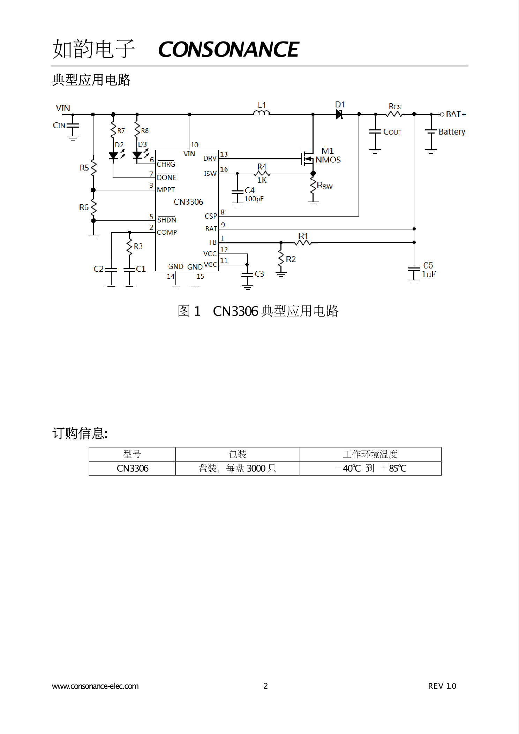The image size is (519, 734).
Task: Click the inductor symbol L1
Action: tap(261, 112)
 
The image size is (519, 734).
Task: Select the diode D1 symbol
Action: tap(339, 114)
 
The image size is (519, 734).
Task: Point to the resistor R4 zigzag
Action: tap(262, 173)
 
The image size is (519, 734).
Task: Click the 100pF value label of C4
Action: tap(254, 199)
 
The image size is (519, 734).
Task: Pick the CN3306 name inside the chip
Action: tap(188, 202)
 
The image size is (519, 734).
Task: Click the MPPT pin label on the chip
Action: tap(166, 190)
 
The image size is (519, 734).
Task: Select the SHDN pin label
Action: tap(167, 220)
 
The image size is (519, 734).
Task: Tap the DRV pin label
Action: tap(210, 158)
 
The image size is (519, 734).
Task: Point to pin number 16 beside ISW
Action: tap(224, 169)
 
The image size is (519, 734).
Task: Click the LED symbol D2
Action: tap(113, 156)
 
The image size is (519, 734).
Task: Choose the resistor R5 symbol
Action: tap(93, 168)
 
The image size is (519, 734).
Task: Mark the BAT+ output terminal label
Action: tap(456, 114)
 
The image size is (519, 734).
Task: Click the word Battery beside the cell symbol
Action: tap(452, 132)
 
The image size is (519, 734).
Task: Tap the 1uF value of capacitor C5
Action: tap(429, 274)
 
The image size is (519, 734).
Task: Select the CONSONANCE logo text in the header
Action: tap(228, 49)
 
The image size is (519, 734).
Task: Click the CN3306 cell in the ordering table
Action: tap(133, 468)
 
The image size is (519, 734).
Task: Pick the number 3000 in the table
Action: tap(256, 468)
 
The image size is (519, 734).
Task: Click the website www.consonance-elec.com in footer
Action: tap(95, 686)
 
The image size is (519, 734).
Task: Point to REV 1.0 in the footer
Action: tap(442, 686)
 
